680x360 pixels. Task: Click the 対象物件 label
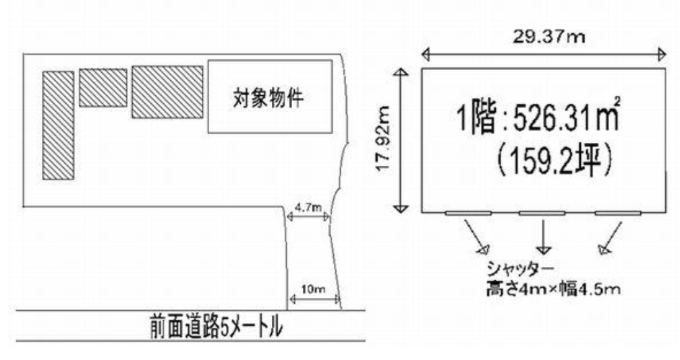click(268, 98)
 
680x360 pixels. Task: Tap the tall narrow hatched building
click(58, 125)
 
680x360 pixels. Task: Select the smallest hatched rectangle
click(103, 88)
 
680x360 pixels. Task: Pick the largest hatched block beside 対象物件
click(167, 92)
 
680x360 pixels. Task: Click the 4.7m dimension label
click(308, 208)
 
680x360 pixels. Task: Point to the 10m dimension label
click(313, 289)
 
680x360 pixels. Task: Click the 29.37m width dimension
click(549, 37)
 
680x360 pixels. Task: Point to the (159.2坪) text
click(555, 160)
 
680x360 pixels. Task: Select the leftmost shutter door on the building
click(468, 213)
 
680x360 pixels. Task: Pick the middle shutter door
click(542, 213)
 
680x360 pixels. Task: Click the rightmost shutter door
click(618, 213)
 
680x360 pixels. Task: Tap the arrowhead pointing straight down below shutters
click(544, 250)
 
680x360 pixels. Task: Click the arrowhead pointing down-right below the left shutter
click(483, 249)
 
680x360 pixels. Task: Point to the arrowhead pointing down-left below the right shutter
click(603, 249)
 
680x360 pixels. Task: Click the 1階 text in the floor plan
click(476, 118)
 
